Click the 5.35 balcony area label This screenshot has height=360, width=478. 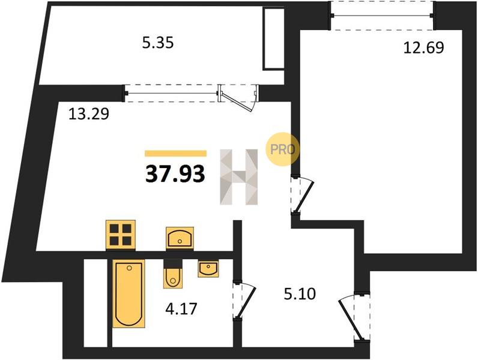tap(158, 43)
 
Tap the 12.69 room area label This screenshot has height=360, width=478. tap(424, 48)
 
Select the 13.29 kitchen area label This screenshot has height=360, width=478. tap(89, 115)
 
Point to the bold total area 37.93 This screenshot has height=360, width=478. tap(175, 175)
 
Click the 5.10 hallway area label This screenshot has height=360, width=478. tap(300, 294)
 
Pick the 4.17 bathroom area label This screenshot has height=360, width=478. tap(181, 309)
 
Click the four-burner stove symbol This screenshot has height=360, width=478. tap(121, 235)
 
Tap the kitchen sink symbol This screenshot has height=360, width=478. tap(180, 238)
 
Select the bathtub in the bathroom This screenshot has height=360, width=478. tap(129, 293)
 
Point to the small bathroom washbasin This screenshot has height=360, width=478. tap(208, 269)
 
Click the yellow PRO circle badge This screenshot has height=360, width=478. tap(282, 149)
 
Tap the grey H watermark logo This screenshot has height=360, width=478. tap(239, 176)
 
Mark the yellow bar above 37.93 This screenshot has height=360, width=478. tap(175, 153)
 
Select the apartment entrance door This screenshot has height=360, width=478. tap(354, 317)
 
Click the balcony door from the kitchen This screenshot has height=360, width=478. tap(238, 97)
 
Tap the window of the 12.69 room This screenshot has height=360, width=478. tap(382, 16)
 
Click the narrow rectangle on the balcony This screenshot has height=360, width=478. tap(274, 39)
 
